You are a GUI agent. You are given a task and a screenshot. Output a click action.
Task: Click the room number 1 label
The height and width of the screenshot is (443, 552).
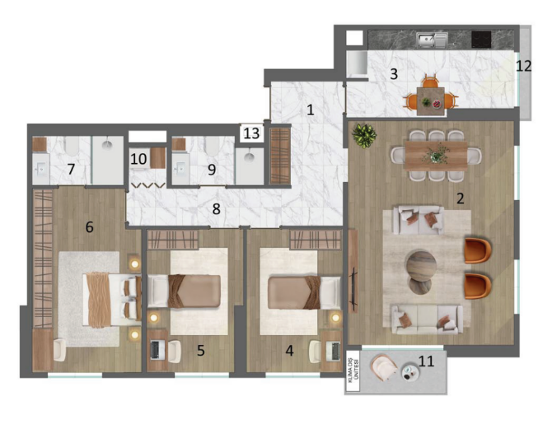click(x=310, y=109)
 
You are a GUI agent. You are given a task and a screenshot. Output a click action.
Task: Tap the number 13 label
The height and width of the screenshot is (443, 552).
click(x=251, y=133)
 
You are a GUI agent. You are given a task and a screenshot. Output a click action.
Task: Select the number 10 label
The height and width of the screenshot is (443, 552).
click(x=138, y=156)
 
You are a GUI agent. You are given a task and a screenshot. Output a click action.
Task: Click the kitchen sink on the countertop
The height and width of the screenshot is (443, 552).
click(x=431, y=38)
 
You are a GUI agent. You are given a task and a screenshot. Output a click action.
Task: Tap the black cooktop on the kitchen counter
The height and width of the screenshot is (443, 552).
click(x=481, y=38)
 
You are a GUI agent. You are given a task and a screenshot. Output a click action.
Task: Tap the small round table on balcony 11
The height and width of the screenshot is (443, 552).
click(x=411, y=371)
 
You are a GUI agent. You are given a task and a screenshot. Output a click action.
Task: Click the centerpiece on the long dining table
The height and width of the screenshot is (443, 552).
click(x=437, y=154)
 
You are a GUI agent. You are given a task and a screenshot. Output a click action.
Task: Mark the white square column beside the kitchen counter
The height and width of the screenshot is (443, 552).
click(x=353, y=38)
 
